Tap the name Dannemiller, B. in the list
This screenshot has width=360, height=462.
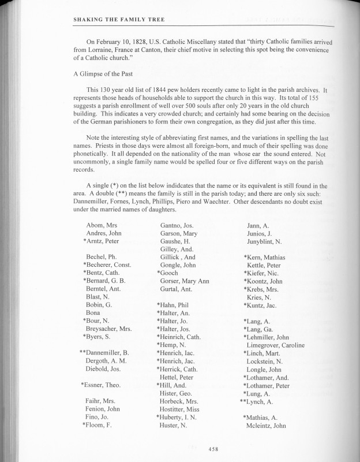[105, 352]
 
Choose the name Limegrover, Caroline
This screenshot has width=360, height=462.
[275, 345]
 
